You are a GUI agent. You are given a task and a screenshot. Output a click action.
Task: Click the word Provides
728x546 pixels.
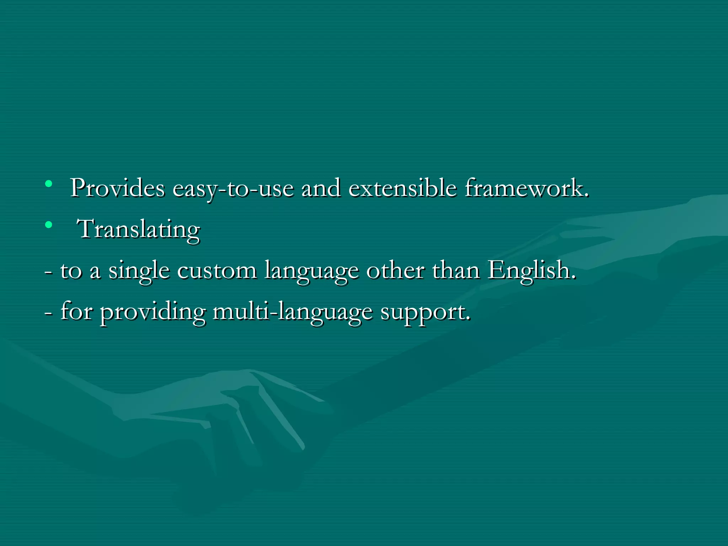[117, 188]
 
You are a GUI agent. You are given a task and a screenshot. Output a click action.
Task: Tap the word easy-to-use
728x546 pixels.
[233, 188]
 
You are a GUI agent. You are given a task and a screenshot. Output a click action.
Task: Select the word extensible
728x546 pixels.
[402, 188]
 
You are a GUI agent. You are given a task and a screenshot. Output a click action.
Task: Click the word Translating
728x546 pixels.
[139, 230]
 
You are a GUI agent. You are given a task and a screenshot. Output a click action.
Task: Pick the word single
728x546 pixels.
[139, 271]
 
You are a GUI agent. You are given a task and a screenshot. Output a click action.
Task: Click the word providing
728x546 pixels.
[152, 312]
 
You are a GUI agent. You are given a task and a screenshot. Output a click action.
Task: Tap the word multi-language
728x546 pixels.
[293, 312]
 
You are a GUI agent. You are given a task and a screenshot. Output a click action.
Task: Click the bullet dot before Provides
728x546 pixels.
[49, 184]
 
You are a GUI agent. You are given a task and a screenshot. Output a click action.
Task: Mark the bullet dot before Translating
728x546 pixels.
[49, 225]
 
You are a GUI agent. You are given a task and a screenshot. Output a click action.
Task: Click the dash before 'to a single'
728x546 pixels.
[48, 272]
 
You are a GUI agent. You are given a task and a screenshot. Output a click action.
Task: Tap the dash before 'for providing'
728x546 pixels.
[48, 313]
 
